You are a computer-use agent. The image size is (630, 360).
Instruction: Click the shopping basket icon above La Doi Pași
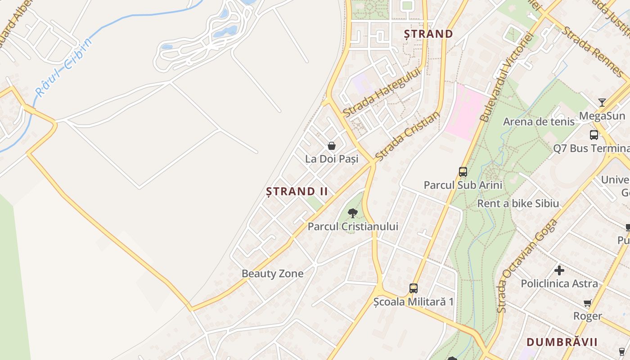click(332, 146)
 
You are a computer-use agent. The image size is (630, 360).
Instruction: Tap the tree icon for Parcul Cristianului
click(353, 213)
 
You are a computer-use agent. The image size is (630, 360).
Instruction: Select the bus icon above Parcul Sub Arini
click(463, 171)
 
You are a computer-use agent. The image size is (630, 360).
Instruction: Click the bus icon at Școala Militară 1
click(413, 288)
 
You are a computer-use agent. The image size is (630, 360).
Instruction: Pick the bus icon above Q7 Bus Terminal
click(594, 135)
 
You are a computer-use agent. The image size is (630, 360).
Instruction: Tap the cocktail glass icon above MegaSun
click(602, 103)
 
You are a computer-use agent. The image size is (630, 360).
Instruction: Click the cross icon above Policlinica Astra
click(559, 270)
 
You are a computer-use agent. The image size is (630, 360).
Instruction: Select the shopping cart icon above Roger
click(587, 303)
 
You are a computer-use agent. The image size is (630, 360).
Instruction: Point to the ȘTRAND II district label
click(297, 191)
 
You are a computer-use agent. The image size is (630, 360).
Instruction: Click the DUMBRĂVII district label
click(562, 342)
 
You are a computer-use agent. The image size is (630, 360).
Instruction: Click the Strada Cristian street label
click(407, 136)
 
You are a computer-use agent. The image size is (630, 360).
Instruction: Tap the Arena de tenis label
click(539, 121)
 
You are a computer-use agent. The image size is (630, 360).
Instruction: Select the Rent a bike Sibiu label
click(518, 203)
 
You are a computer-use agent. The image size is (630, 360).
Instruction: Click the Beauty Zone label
click(272, 274)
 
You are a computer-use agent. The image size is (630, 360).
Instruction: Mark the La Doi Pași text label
click(332, 159)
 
